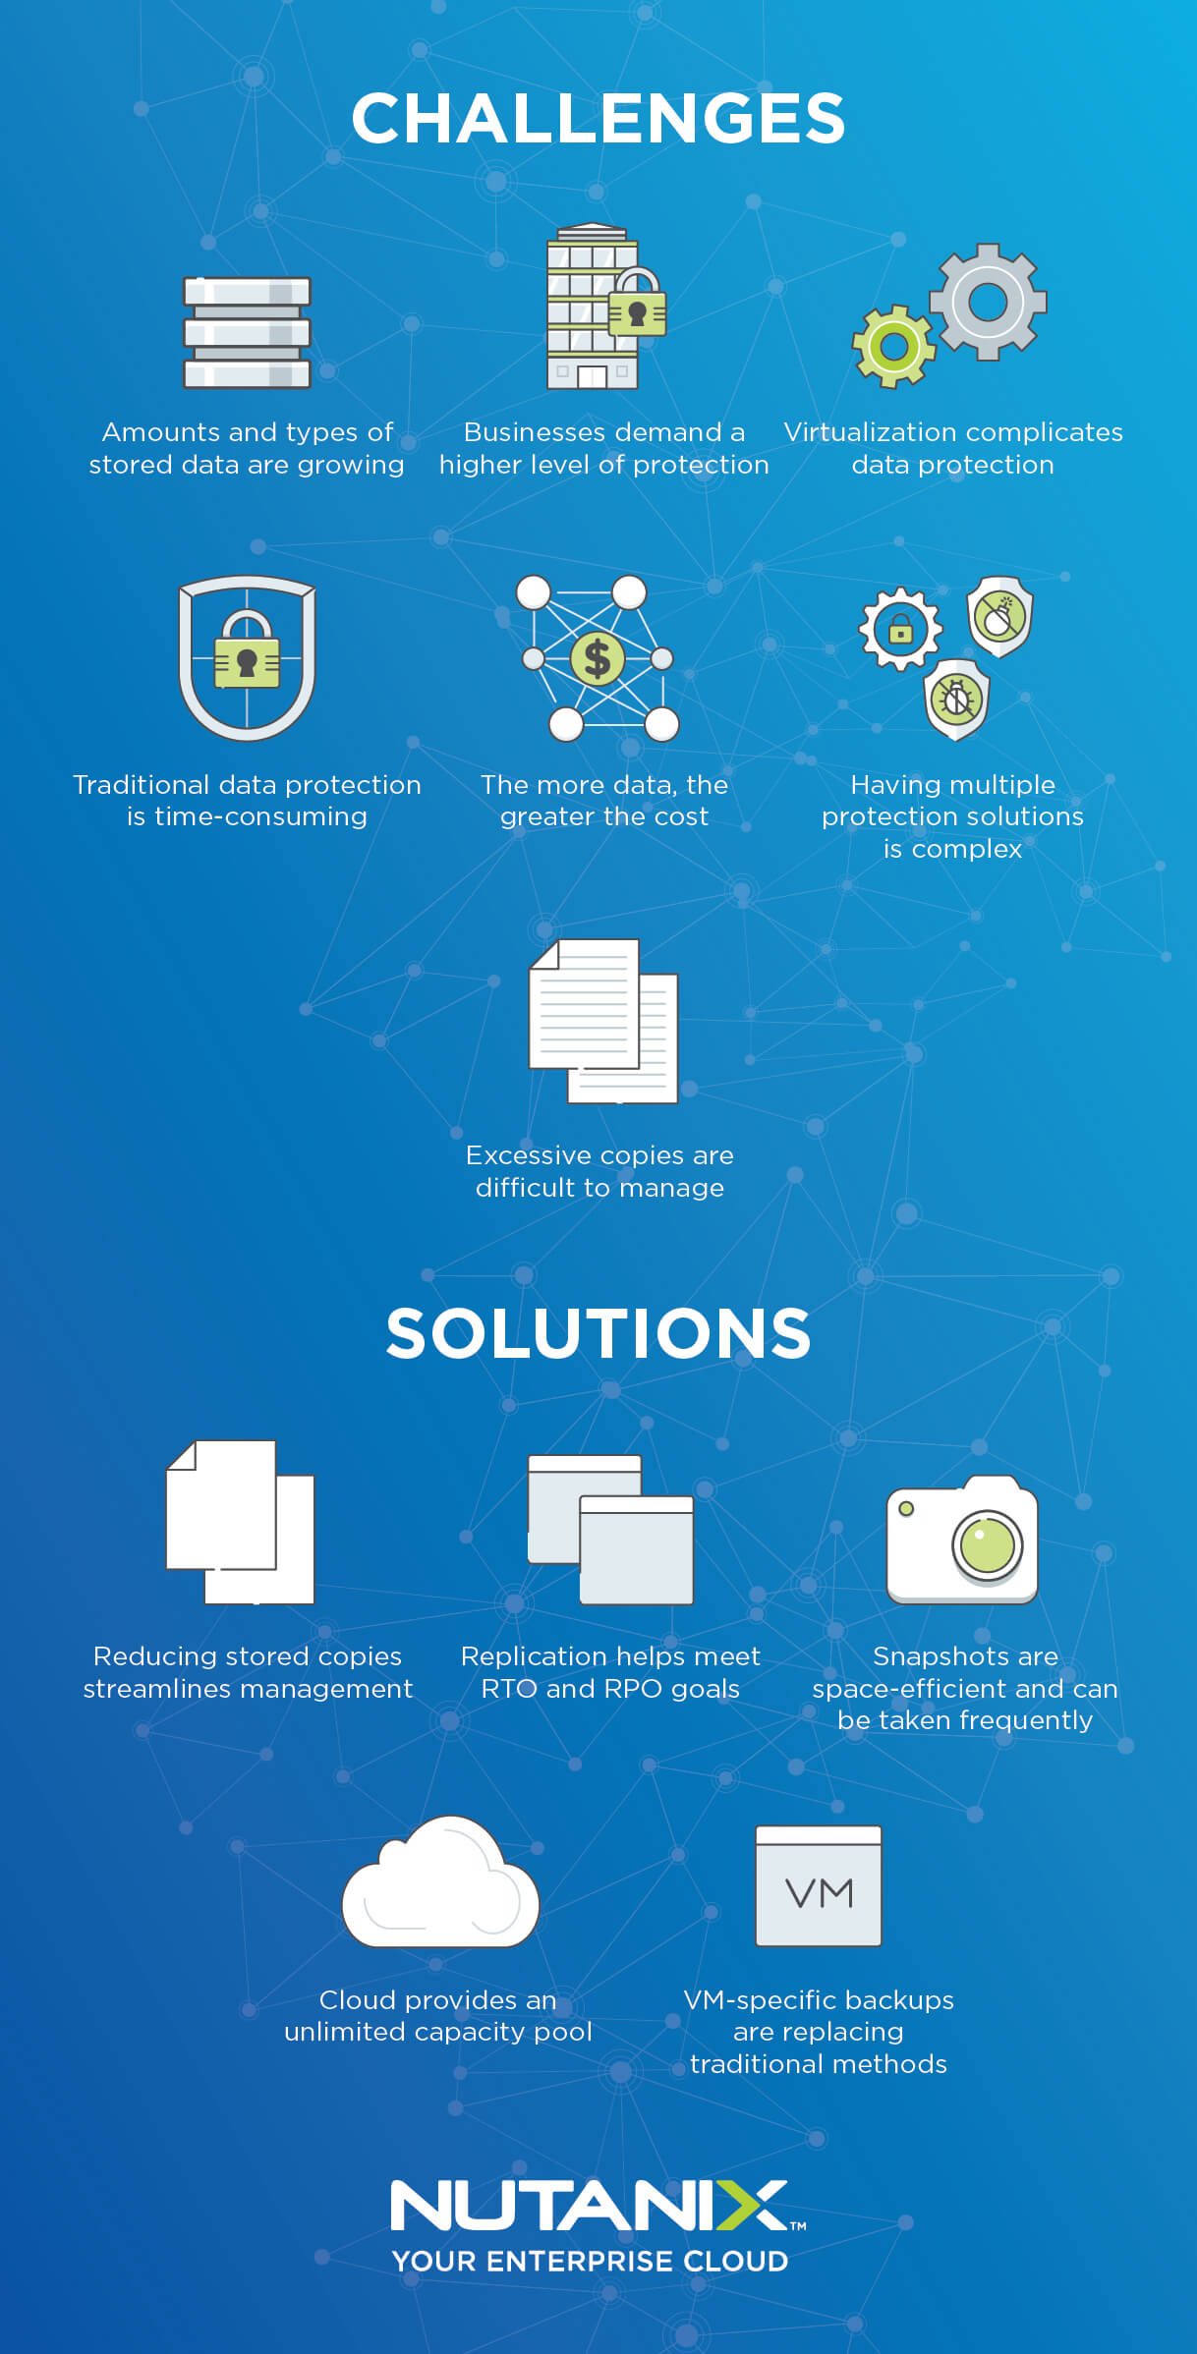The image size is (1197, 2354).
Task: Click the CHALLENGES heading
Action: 598,119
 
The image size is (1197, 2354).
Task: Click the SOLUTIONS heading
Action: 598,1333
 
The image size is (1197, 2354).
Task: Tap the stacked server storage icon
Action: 247,332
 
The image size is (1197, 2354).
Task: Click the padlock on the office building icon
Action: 638,307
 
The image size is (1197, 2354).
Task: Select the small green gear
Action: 893,346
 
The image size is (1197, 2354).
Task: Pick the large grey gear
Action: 988,302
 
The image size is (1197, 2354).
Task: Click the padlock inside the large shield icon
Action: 247,653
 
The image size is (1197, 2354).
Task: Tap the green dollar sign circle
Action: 598,658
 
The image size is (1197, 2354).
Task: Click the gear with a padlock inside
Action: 900,629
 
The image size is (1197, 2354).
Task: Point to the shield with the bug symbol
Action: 956,699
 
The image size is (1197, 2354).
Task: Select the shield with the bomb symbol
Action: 999,617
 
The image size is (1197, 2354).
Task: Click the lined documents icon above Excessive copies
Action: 602,1021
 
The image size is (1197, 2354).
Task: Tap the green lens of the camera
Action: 987,1545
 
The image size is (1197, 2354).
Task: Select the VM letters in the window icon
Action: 819,1893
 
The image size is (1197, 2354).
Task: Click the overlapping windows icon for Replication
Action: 610,1530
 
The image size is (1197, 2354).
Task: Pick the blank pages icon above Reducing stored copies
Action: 240,1522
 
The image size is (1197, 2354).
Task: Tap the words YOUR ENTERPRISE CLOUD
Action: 590,2261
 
